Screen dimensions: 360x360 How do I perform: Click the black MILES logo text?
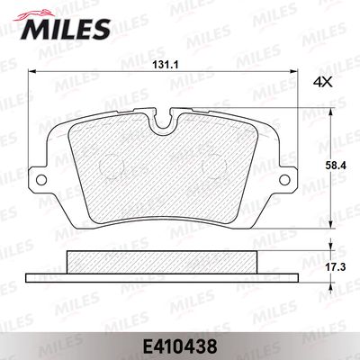[x=66, y=29]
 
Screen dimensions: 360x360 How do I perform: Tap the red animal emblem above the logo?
[x=33, y=15]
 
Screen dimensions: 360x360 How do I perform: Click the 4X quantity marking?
[x=323, y=82]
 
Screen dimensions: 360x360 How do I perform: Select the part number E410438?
[x=180, y=346]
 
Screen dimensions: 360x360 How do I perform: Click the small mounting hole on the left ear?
[x=41, y=180]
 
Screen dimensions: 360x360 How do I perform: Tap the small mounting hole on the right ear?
[x=284, y=180]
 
